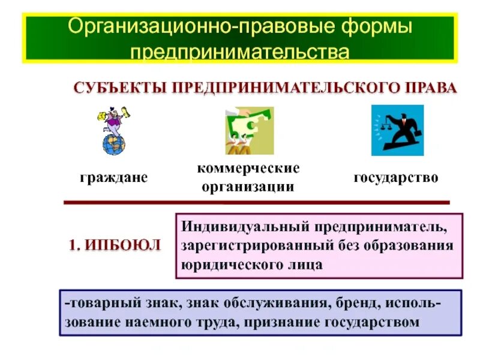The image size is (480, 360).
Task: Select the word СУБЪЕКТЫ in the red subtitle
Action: (120, 88)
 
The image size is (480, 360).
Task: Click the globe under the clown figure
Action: (114, 143)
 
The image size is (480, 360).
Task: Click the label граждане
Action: (114, 178)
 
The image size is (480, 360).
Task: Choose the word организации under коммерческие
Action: (248, 187)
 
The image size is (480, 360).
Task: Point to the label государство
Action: (396, 178)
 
